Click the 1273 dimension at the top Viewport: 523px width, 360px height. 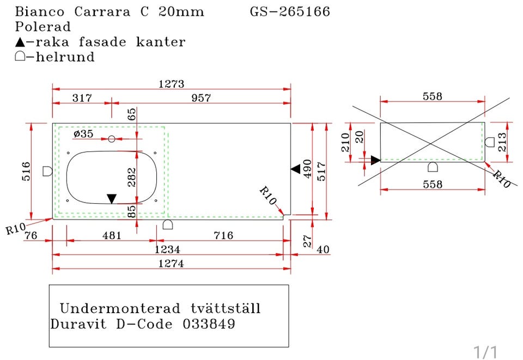(x=171, y=84)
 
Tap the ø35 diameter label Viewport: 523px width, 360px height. (x=83, y=133)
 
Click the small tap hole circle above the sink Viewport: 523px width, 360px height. (x=112, y=139)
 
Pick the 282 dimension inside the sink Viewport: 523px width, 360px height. (x=132, y=177)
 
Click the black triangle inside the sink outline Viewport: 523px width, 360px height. (x=112, y=198)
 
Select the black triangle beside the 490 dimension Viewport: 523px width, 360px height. (x=295, y=169)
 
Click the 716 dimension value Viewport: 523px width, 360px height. (x=223, y=235)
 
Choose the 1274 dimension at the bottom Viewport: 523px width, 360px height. (x=171, y=264)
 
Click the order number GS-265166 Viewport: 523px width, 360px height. (x=290, y=11)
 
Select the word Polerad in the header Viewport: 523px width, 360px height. (x=43, y=27)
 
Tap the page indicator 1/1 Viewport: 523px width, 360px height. (x=485, y=351)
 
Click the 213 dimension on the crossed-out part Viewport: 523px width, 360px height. (x=502, y=143)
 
